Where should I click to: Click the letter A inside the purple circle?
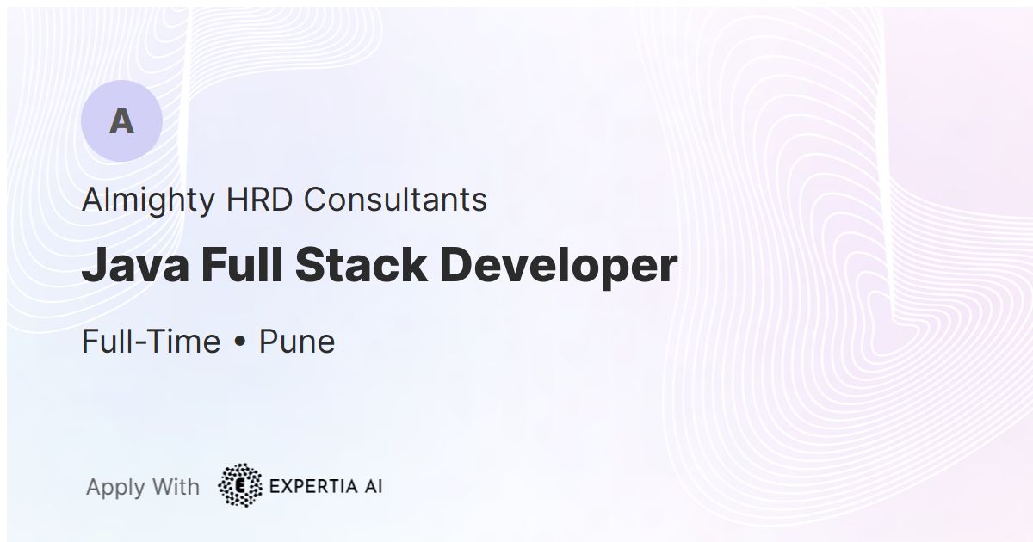(x=121, y=122)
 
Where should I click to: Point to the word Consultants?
(x=395, y=200)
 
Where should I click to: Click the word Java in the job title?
(x=135, y=266)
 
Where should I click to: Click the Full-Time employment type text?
(x=151, y=342)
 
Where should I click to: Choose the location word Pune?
(x=297, y=342)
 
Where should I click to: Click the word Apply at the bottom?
(x=115, y=487)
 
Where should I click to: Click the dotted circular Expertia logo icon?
(x=241, y=485)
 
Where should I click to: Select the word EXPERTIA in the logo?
(x=313, y=486)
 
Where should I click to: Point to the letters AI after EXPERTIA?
(x=373, y=486)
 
